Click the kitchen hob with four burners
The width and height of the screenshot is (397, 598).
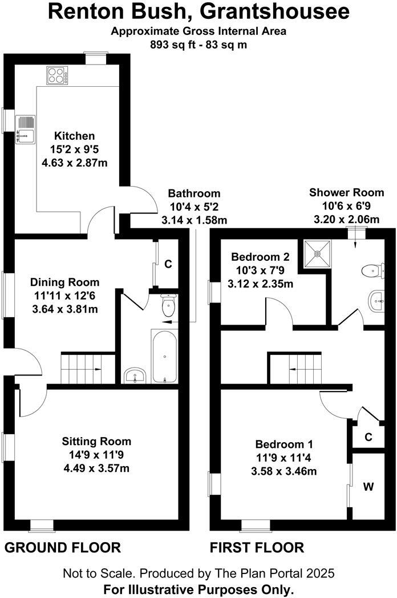pyautogui.click(x=55, y=75)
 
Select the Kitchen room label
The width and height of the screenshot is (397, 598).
pyautogui.click(x=74, y=136)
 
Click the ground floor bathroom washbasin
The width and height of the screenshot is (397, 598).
pyautogui.click(x=135, y=375)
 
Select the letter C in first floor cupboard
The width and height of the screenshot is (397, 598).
pyautogui.click(x=368, y=437)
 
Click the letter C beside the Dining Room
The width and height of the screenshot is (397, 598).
pyautogui.click(x=168, y=265)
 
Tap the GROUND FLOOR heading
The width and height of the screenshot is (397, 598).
pyautogui.click(x=63, y=548)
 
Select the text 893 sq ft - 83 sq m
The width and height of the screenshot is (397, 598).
pyautogui.click(x=198, y=45)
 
